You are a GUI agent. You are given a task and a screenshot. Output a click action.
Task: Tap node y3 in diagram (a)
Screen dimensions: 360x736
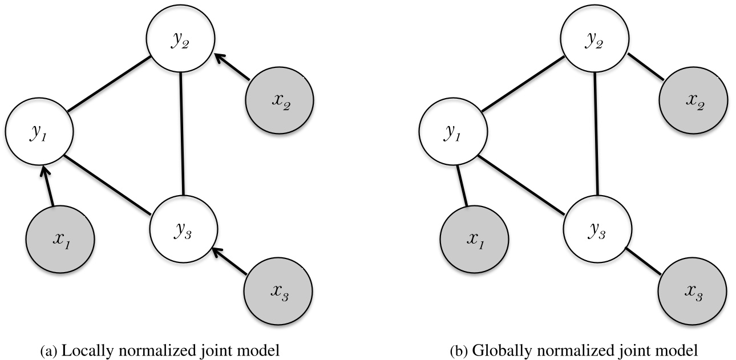pos(184,228)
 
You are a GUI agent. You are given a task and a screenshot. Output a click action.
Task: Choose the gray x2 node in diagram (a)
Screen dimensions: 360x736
pos(279,100)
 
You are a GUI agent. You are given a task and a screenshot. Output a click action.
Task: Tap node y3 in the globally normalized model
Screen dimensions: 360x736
pos(597,228)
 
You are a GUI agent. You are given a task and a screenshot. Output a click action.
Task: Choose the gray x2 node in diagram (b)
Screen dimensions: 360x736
pos(693,100)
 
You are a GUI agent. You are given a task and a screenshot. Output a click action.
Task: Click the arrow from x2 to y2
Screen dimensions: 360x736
pos(233,67)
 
